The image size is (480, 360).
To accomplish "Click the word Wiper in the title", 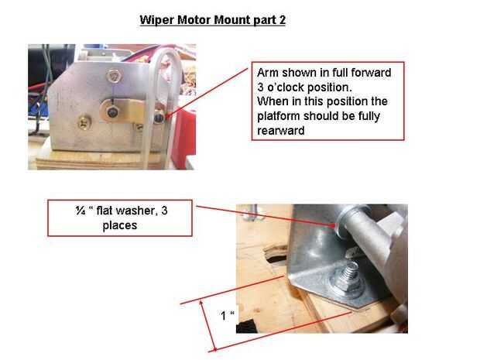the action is click(157, 20).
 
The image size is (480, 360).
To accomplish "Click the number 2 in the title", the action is click(282, 20).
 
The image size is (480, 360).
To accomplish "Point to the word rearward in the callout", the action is click(281, 131).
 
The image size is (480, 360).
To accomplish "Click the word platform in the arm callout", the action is click(279, 116).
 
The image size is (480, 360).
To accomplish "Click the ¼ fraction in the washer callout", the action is click(81, 211).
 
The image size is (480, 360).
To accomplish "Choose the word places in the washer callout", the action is click(120, 225).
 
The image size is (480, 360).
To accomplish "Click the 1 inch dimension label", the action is click(227, 315).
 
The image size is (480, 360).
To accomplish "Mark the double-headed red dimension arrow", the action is click(208, 326).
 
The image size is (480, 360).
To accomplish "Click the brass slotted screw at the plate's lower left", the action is click(84, 122).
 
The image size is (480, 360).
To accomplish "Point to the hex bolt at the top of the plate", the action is click(114, 76).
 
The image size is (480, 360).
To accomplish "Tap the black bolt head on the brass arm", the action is click(112, 111).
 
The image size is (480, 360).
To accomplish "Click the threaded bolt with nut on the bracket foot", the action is click(349, 279).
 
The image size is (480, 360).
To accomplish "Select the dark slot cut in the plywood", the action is click(276, 253).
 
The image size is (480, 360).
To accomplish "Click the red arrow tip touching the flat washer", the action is click(335, 226).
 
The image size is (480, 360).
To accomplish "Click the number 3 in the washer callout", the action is click(164, 211).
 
